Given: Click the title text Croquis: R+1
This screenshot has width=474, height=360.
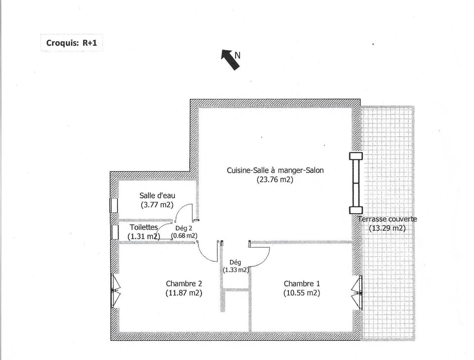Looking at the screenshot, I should [71, 42].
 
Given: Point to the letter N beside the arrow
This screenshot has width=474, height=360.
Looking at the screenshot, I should [237, 56].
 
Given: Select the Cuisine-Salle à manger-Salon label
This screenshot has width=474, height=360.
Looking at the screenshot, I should [275, 170].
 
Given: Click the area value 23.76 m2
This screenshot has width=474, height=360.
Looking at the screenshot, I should [275, 180].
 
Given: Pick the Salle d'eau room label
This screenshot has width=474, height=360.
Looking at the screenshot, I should [157, 196].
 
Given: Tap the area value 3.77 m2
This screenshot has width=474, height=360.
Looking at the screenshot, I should [157, 205].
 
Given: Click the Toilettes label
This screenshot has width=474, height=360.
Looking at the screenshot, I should [144, 227].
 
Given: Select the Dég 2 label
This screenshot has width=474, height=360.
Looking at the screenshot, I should [184, 228].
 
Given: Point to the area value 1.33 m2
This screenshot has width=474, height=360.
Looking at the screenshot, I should [235, 270].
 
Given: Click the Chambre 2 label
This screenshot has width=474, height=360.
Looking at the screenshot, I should [184, 283].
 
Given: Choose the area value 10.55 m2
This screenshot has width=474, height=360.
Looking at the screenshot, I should [302, 293].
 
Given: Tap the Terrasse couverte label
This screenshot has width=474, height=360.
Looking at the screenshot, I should [387, 219].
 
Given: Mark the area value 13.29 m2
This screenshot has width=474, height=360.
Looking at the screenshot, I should [387, 228].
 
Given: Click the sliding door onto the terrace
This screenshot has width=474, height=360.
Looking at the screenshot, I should [355, 181].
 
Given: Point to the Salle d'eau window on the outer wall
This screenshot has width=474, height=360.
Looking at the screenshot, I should [113, 205].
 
